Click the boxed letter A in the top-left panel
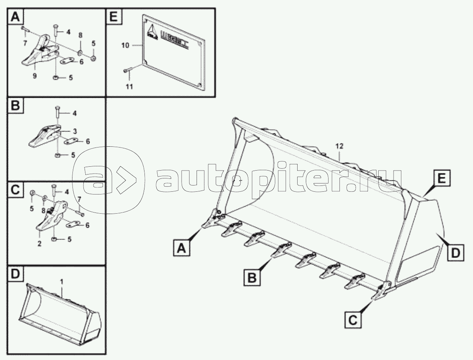click(x=15, y=17)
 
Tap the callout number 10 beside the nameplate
click(x=125, y=46)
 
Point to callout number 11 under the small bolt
click(x=129, y=86)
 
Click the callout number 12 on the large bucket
click(x=339, y=146)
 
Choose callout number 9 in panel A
click(x=34, y=76)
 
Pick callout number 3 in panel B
click(x=74, y=131)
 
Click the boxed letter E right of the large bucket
click(x=441, y=179)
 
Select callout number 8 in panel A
click(x=80, y=35)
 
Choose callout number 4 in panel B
click(x=74, y=114)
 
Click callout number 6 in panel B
click(x=88, y=141)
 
